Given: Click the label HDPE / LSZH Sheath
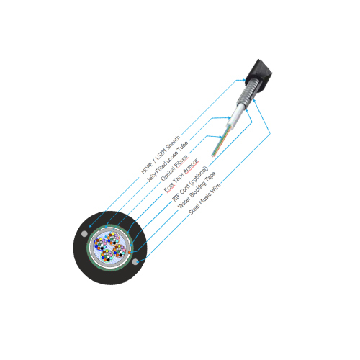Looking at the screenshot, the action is click(161, 155).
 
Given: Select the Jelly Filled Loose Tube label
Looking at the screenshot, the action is click(167, 162).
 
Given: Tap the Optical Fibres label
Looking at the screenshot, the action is click(174, 168).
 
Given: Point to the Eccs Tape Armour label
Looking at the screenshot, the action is click(181, 175).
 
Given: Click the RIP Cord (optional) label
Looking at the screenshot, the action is click(190, 184).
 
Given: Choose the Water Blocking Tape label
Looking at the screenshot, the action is click(197, 190).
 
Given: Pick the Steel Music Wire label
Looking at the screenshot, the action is click(204, 199).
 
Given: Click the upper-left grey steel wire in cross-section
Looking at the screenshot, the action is click(84, 233).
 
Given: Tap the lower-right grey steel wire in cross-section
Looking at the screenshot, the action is click(135, 262).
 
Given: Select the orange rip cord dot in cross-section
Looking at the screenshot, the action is click(130, 252).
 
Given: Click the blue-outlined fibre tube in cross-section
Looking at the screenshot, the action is click(101, 244).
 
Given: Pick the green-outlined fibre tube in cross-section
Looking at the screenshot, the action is click(107, 256).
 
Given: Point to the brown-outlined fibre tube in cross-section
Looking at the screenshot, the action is click(120, 251).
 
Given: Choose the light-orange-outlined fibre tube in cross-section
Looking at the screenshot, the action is click(113, 238).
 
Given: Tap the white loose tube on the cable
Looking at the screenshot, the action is click(235, 116).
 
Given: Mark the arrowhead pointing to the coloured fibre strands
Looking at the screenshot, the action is click(220, 137).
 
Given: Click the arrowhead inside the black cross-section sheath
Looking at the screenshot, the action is click(90, 226).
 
